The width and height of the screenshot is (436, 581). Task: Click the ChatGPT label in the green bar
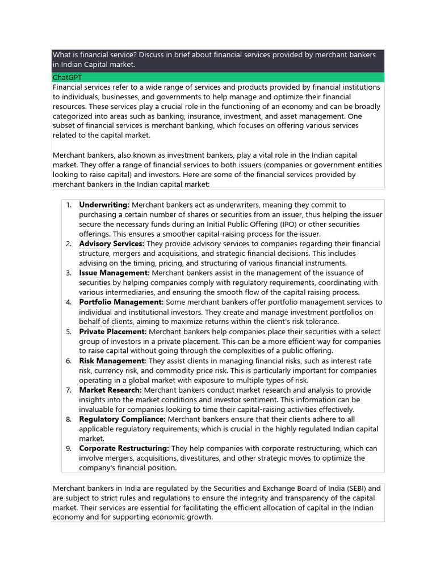[x=68, y=77]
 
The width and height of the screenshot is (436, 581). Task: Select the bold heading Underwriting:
[x=104, y=205]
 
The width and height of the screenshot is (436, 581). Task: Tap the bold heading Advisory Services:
[x=112, y=244]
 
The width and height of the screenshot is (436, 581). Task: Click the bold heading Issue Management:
[x=114, y=273]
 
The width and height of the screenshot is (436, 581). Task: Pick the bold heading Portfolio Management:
[x=121, y=302]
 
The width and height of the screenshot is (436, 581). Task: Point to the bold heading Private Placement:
[x=113, y=331]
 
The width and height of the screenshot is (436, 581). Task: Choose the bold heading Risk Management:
[x=112, y=361]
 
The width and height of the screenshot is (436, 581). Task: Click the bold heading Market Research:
[x=111, y=390]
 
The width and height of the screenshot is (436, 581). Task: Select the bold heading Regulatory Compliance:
[x=123, y=419]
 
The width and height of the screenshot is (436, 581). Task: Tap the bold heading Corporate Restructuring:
[x=124, y=448]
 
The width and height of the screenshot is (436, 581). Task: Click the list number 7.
[x=68, y=390]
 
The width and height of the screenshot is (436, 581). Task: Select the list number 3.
[x=68, y=273]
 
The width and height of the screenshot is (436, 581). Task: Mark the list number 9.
[x=68, y=448]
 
